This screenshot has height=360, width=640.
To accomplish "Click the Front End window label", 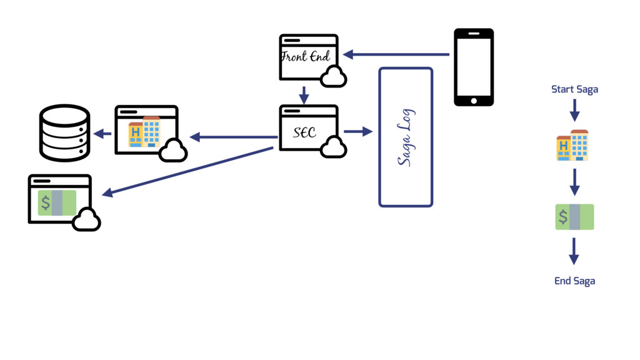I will [x=306, y=57].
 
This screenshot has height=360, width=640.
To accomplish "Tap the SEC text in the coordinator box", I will [x=305, y=132].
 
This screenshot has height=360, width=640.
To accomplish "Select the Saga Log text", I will [x=406, y=137].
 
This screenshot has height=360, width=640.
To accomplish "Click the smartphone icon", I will [x=473, y=67].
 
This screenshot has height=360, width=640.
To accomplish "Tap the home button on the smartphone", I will [x=473, y=100].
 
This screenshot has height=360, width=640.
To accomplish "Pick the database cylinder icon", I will [x=65, y=132].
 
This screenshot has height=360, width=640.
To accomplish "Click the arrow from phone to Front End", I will [x=396, y=55].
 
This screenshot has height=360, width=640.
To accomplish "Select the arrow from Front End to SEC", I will [x=304, y=95].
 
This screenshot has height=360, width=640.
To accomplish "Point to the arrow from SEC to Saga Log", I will [x=357, y=132].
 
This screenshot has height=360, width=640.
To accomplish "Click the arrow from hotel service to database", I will [x=102, y=133].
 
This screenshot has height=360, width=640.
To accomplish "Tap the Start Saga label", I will [x=574, y=89].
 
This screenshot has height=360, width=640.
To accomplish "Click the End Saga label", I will [x=574, y=281].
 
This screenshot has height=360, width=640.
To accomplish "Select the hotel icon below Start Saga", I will [x=572, y=146].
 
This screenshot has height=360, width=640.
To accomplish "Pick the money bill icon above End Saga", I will [x=574, y=217].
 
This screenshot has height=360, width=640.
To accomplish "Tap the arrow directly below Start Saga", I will [x=574, y=110].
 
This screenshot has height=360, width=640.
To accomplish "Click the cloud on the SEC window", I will [x=332, y=147].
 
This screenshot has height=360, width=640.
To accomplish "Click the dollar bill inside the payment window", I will [x=57, y=203].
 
